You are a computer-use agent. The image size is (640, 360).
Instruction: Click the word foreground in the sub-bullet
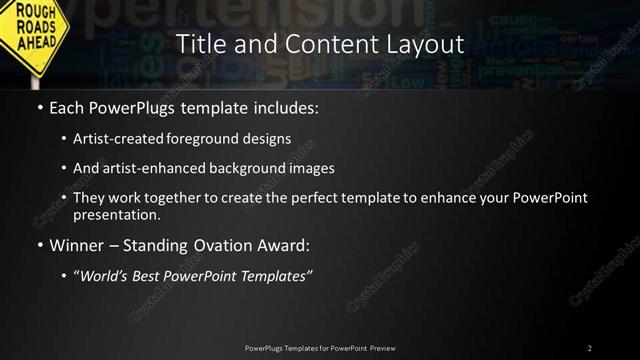tap(216, 138)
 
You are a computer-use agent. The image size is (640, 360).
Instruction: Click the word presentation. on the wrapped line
tap(116, 214)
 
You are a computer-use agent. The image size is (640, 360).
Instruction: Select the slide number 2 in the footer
tap(590, 348)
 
